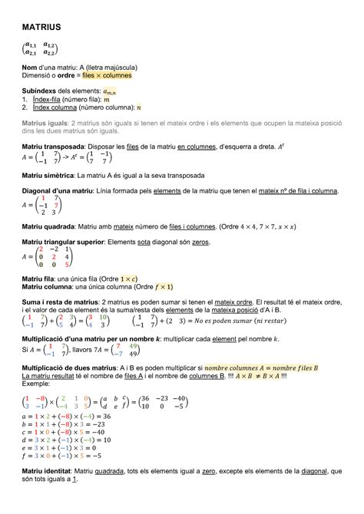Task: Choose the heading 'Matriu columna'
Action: tap(52, 286)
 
